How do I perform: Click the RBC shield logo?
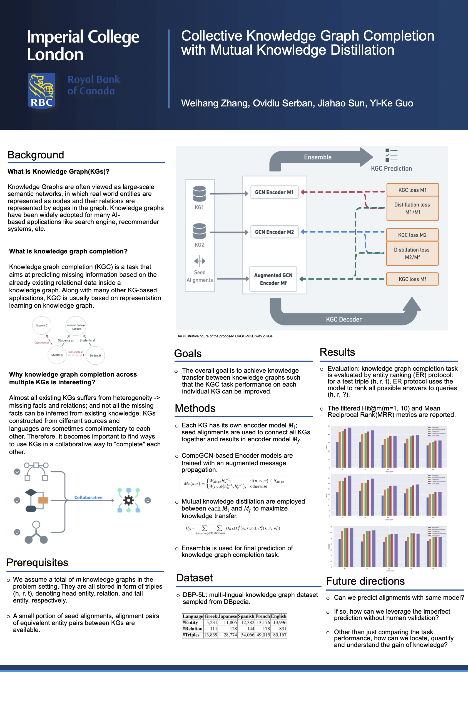(x=41, y=91)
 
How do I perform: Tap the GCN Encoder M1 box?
(x=274, y=192)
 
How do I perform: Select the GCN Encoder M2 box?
(x=274, y=232)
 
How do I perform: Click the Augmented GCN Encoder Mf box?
(x=273, y=279)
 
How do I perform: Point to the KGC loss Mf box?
(x=412, y=279)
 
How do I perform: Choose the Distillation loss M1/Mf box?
(x=412, y=208)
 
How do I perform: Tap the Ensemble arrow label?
(x=318, y=157)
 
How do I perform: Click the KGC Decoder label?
(x=343, y=319)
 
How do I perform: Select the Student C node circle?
(x=41, y=325)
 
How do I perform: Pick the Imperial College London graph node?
(x=76, y=327)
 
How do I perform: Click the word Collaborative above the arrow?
(x=88, y=497)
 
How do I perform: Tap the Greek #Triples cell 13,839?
(x=210, y=635)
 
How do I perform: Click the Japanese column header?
(x=227, y=616)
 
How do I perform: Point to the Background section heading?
(x=36, y=155)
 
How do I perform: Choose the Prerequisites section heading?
(x=37, y=562)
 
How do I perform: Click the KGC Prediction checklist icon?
(x=391, y=155)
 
